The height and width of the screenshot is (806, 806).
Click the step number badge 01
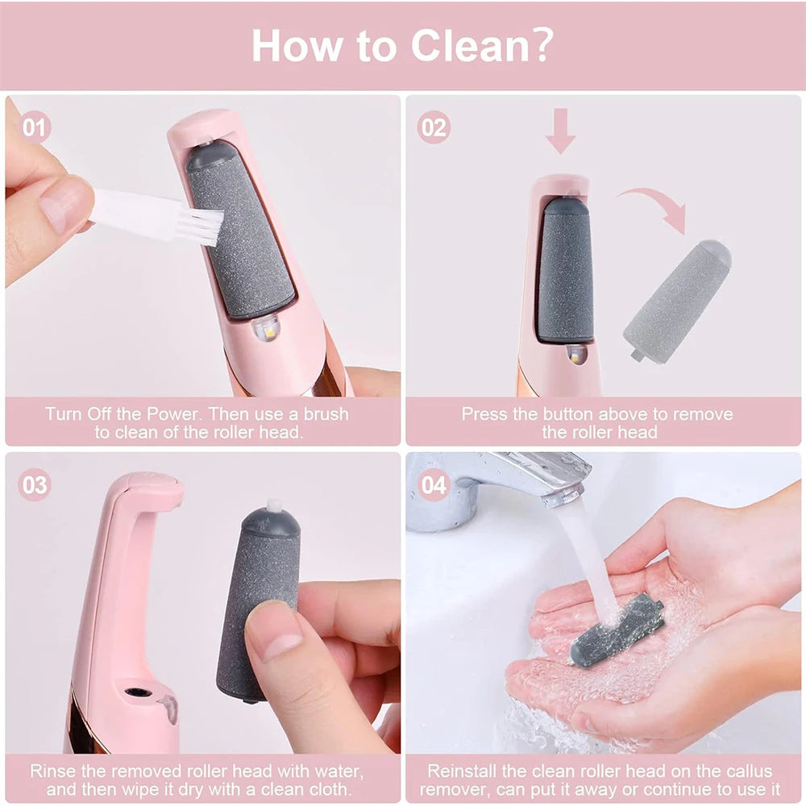click(x=35, y=127)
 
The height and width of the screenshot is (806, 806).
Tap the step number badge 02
click(x=434, y=127)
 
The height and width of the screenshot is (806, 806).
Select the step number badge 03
click(x=35, y=485)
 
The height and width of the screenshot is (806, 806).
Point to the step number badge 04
click(x=434, y=485)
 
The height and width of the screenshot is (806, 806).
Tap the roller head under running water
click(x=617, y=629)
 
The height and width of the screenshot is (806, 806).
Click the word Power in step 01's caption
click(x=168, y=414)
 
